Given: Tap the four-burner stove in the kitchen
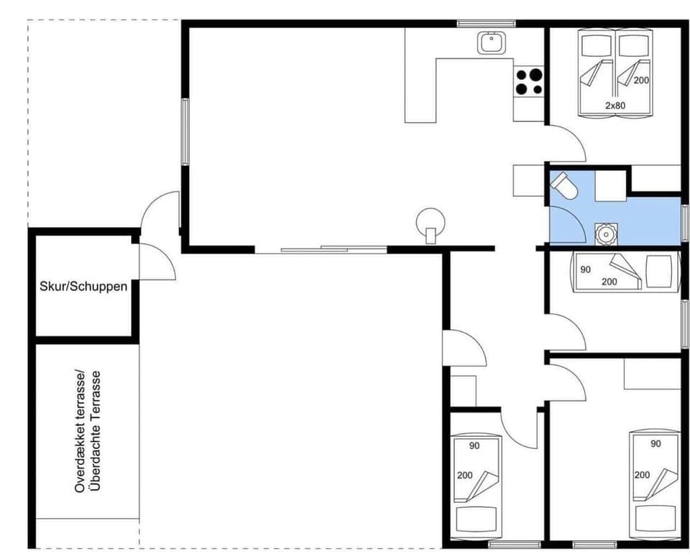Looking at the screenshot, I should click(528, 81).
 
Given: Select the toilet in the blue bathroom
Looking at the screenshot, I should click(563, 187).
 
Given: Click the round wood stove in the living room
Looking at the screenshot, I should click(431, 221).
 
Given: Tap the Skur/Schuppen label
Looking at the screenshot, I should click(83, 287).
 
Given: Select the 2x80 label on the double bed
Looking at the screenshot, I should click(615, 106).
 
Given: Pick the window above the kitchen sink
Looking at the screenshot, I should click(487, 24).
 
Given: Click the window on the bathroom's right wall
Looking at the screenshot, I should click(684, 223).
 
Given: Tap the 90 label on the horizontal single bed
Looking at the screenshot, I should click(585, 269).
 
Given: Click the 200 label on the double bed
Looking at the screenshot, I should click(641, 80).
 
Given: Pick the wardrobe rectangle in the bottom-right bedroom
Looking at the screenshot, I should click(651, 373).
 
